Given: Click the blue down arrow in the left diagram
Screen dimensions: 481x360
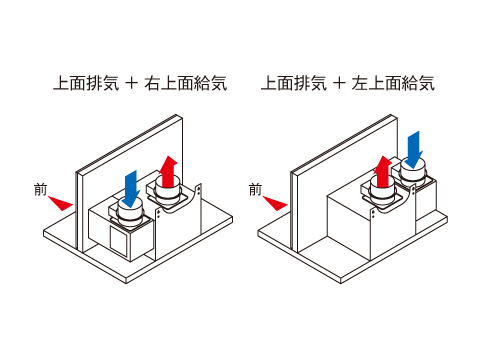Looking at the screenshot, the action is click(x=130, y=188).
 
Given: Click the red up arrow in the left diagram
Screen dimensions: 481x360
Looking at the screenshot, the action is click(x=168, y=172).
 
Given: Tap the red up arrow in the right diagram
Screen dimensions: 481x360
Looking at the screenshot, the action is click(x=383, y=172).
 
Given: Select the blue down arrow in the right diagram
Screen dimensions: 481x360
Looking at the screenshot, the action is click(x=414, y=149).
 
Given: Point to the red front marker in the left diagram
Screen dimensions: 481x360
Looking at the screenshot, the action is click(x=61, y=203).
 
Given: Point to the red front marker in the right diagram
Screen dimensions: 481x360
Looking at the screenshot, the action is click(x=276, y=203).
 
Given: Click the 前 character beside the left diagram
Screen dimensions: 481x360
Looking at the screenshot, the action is click(x=40, y=190).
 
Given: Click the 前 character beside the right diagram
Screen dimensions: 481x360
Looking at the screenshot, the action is click(x=255, y=190).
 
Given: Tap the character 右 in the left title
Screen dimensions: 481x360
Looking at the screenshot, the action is click(x=152, y=83).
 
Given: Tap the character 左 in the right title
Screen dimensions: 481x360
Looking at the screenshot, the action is click(x=360, y=83).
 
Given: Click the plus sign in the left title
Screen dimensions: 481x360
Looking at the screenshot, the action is click(x=132, y=83).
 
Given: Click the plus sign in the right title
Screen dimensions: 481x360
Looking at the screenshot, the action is click(x=339, y=83).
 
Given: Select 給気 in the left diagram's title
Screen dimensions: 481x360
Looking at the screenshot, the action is click(x=211, y=83).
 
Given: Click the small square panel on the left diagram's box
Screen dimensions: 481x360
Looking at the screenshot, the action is click(x=119, y=241).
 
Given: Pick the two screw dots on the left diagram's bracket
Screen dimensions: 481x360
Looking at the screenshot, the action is click(x=199, y=190).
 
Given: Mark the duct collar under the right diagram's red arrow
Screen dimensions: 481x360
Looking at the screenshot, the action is click(x=381, y=193).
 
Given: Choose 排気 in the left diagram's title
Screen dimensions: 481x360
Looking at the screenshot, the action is click(x=103, y=83).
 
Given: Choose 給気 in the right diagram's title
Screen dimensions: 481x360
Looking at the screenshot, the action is click(x=419, y=83).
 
